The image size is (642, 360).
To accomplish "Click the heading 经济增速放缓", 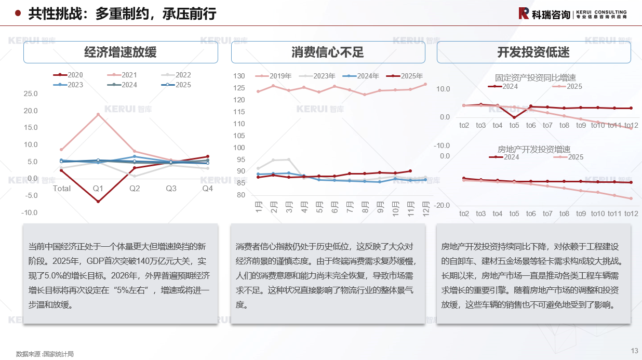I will tap(121, 52).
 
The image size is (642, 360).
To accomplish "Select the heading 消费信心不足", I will tap(328, 52).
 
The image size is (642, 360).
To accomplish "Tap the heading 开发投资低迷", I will tap(533, 52).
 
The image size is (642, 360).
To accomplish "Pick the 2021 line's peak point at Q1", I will tap(98, 114).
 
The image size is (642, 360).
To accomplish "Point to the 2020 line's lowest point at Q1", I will tap(98, 201).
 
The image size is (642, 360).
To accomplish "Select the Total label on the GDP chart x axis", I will tap(62, 189).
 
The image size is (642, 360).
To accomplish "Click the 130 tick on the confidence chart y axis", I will tap(239, 76).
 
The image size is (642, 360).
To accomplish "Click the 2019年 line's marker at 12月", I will tap(425, 84).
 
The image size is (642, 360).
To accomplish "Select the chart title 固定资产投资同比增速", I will tap(536, 78).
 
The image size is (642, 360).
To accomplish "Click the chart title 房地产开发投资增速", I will tap(534, 149).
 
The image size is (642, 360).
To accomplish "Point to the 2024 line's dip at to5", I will tap(514, 117).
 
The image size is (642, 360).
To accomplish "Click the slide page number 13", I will tap(634, 351).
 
